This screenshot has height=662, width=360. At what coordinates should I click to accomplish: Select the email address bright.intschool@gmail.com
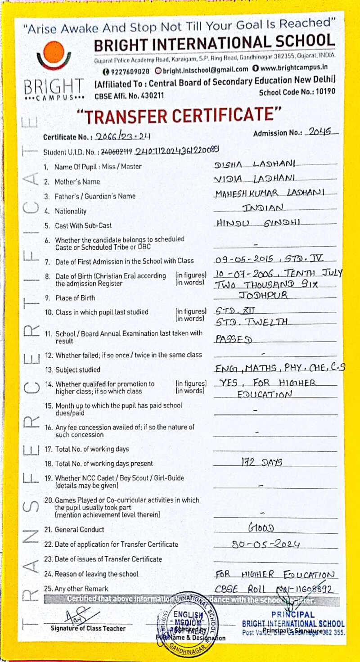pos(202,69)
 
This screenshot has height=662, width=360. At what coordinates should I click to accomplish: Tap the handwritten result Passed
pos(233,339)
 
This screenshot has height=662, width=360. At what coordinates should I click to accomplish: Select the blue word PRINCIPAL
pos(293,615)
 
